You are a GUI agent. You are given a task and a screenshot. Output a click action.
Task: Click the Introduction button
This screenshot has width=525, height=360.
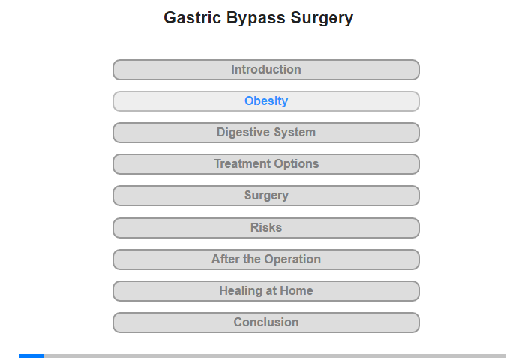point(265,70)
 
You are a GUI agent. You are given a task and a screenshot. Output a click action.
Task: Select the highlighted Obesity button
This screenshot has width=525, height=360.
point(265,101)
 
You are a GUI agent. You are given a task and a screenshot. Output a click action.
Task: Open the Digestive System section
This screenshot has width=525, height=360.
point(265,133)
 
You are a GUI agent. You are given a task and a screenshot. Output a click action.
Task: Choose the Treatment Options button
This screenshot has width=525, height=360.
point(265,164)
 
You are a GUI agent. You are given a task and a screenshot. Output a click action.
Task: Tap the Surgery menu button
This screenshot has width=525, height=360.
point(265,196)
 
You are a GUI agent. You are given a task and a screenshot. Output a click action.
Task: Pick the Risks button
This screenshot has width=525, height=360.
point(265,228)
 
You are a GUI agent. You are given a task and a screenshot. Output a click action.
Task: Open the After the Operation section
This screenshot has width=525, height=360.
point(265,259)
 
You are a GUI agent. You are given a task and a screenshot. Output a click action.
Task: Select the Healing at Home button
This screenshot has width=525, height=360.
point(265,291)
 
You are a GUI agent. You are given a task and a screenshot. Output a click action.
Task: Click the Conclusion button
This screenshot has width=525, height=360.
point(265,322)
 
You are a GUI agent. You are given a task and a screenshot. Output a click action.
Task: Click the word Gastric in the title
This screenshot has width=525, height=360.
point(192,17)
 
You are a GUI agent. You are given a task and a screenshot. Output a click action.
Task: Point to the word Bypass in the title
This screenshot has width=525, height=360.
point(256,19)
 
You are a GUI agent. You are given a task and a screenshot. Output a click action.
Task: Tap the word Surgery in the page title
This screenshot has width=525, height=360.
point(322,19)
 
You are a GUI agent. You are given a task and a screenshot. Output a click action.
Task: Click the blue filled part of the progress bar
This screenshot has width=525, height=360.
point(31,355)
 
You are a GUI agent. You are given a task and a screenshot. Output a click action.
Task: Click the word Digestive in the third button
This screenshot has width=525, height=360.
point(244,132)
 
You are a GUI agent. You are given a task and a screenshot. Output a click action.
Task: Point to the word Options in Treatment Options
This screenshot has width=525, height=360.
point(296,164)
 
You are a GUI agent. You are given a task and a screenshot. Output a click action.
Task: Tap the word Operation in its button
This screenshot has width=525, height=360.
point(292,259)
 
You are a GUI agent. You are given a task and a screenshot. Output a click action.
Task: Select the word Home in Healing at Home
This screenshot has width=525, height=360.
point(296,290)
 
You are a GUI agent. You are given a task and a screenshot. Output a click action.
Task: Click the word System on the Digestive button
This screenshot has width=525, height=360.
point(295,133)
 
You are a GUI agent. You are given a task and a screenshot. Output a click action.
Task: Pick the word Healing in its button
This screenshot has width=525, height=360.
point(241,291)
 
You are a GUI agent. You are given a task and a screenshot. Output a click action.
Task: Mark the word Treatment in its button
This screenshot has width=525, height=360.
point(242,163)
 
